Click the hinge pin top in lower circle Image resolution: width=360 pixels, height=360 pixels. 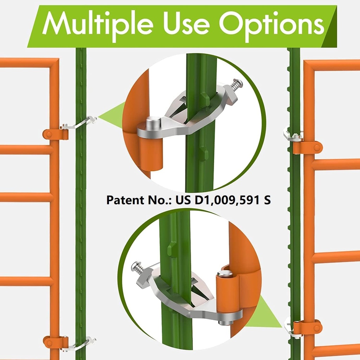pos(225,273)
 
